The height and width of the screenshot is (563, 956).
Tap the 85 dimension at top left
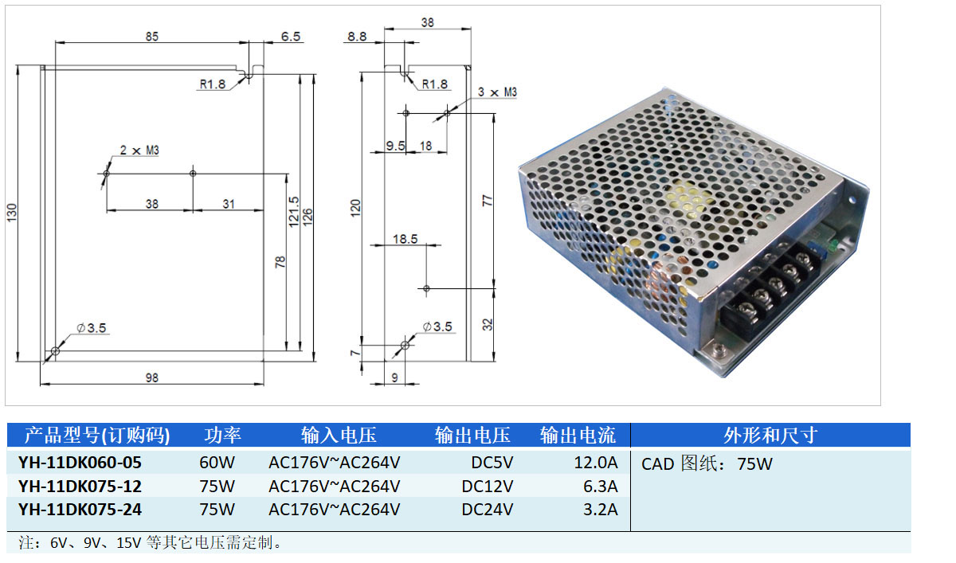[x=151, y=36]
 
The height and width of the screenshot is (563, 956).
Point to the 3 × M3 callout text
[x=497, y=92]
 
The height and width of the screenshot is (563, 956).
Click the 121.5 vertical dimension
[x=294, y=210]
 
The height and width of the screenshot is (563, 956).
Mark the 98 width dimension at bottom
[x=151, y=377]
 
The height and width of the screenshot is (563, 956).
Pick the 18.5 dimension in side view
[x=404, y=238]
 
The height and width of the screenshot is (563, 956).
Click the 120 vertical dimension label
[x=356, y=208]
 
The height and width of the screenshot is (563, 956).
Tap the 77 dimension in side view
[x=488, y=200]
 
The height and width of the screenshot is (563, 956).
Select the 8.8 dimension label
[x=358, y=36]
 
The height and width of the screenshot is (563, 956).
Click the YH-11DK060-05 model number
[x=80, y=462]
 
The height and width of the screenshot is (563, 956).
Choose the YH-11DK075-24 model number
[x=80, y=509]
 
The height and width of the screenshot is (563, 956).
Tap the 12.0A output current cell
[x=596, y=462]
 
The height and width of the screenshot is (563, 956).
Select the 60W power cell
[x=217, y=462]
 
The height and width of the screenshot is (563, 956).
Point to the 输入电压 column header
[x=339, y=435]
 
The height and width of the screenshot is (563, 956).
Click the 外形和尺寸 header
[x=770, y=435]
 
